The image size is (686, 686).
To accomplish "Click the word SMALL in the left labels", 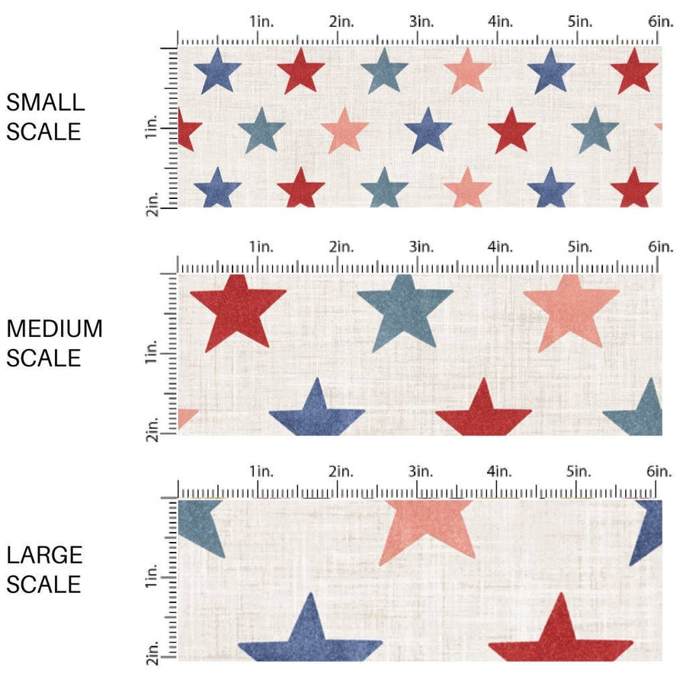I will (45, 102).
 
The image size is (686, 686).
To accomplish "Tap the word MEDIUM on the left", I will (54, 329).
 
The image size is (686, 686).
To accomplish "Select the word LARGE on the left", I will (44, 555).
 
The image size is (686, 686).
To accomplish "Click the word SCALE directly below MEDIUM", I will (43, 357).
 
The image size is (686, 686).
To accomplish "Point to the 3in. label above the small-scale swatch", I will (421, 22).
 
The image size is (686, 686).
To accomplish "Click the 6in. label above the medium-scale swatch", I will (661, 247).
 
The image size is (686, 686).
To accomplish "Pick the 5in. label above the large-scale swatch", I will (581, 472).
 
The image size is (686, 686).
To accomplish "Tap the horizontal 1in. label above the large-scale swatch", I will (261, 472).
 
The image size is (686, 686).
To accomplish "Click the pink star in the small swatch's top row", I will (467, 72).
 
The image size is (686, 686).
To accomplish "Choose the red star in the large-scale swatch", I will (561, 636).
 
